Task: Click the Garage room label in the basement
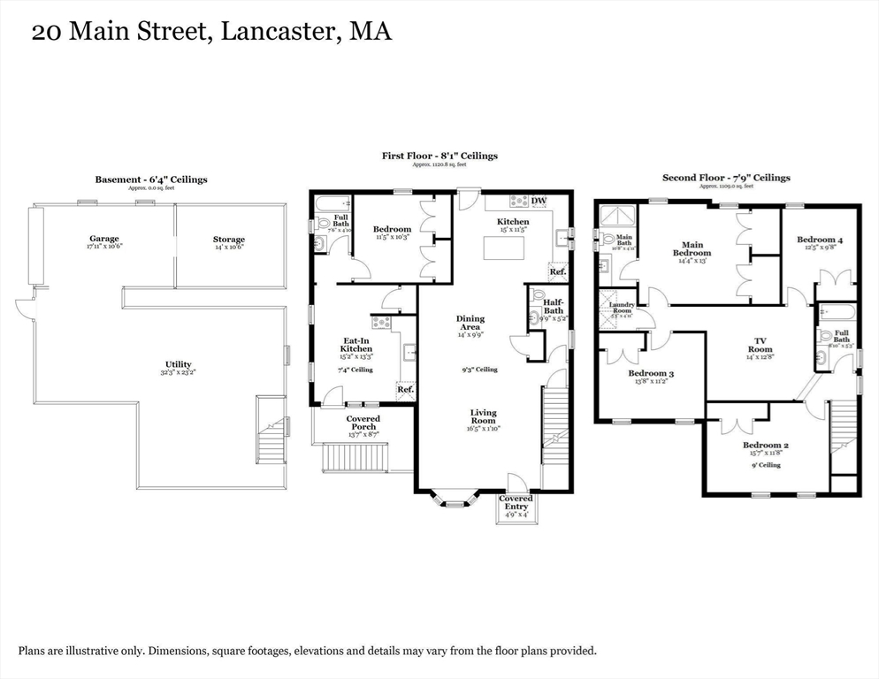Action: pyautogui.click(x=103, y=239)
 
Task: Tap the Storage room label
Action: pyautogui.click(x=228, y=240)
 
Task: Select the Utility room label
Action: pyautogui.click(x=178, y=364)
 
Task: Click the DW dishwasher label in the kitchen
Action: pyautogui.click(x=539, y=201)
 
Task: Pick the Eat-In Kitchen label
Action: pyautogui.click(x=356, y=345)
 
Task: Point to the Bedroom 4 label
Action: pyautogui.click(x=819, y=240)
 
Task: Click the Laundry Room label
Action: pyautogui.click(x=622, y=309)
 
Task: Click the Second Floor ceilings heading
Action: pyautogui.click(x=726, y=178)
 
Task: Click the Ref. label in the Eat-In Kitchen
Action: pyautogui.click(x=405, y=390)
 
